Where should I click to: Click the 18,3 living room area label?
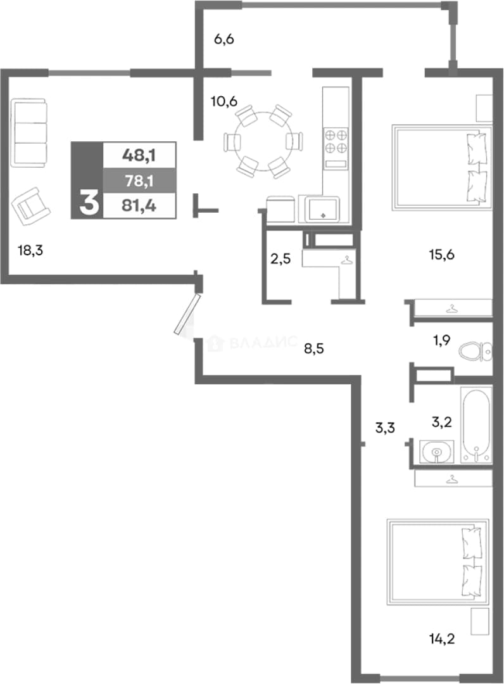coord(30,251)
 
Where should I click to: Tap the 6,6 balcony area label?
coord(224,39)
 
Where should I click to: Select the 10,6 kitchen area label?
coord(224,101)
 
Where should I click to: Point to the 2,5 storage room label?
coord(280,259)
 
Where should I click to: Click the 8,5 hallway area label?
coord(314,348)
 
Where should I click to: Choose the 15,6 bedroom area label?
coord(442,255)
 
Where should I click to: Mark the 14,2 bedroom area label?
coord(442,640)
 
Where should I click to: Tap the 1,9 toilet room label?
coord(442,340)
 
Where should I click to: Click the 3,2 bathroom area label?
coord(442,422)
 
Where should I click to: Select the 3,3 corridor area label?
coord(385,428)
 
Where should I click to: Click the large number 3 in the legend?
coord(89,203)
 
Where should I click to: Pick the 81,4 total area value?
coord(139,205)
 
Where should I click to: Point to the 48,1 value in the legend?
coord(139,155)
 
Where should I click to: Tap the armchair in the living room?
coord(31,206)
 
